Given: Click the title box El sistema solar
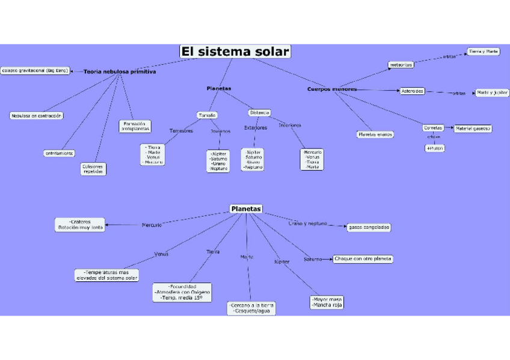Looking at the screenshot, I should point(235,52).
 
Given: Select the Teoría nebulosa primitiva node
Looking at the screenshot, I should point(120,72).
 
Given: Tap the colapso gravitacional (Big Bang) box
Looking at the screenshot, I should point(35,70).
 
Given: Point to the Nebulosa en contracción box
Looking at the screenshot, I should point(37,115).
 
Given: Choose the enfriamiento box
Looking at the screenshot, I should point(60,153).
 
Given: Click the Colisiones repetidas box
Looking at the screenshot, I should point(93,168).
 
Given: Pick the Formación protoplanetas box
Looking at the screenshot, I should point(135,126).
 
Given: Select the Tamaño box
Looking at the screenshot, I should point(206,115).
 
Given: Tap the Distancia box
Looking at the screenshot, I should point(260,112).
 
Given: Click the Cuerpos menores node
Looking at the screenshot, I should point(332,90).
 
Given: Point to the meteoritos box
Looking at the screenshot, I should point(401,64).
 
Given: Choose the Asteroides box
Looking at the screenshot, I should point(412,91).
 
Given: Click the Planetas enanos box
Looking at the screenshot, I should point(375,135).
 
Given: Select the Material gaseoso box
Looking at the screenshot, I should point(473,128).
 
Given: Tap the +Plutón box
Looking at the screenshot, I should point(435,148).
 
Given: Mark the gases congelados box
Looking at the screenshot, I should point(369,227).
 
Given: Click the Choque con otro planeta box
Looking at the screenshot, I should point(363,259).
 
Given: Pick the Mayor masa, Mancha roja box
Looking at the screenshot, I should point(327,302).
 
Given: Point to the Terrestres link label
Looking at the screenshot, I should point(181,130).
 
